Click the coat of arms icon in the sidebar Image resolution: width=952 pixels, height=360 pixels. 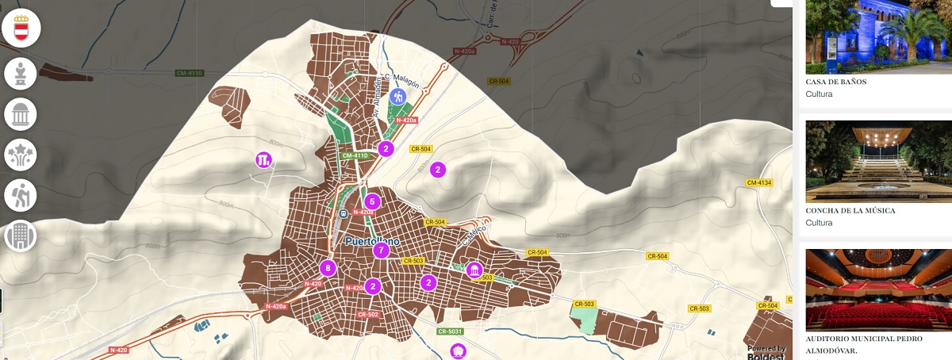21,29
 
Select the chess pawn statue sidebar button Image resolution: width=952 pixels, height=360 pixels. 21,74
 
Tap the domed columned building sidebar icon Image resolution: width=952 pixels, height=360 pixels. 21,114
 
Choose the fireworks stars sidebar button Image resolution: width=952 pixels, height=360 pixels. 21,155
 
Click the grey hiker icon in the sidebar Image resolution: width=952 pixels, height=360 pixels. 21,195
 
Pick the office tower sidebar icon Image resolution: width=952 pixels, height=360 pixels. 21,236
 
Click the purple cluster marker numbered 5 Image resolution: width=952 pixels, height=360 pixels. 372,201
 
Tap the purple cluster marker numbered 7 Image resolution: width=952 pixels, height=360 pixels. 382,251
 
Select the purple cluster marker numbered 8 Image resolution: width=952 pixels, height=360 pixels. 327,268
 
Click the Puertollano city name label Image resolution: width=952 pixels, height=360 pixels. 373,240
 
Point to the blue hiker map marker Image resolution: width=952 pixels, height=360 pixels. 399,96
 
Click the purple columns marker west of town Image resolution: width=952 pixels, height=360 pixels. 264,159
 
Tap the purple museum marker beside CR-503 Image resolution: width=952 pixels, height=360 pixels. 474,270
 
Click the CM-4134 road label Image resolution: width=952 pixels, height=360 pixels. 759,183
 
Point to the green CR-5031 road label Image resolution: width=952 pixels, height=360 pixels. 450,331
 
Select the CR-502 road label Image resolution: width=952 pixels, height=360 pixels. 368,315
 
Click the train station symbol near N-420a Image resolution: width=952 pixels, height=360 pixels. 342,213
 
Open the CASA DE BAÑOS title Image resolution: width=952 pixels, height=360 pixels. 835,82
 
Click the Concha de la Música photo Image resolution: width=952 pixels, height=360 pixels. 879,161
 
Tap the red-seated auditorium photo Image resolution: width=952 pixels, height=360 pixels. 879,289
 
